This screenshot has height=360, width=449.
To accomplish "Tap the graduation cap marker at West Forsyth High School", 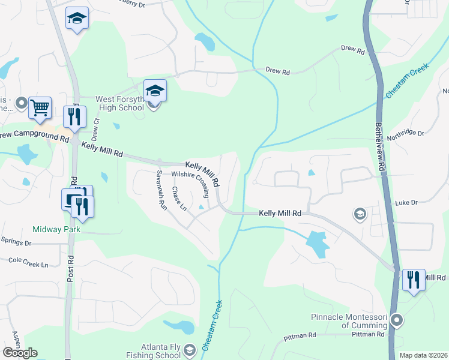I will point(155,91).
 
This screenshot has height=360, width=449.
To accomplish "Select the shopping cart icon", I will point(40,109).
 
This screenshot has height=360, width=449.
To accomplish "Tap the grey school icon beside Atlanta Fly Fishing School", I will point(189,350).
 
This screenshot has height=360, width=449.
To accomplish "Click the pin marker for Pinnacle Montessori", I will point(396,320).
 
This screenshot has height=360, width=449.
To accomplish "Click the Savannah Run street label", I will point(161,188).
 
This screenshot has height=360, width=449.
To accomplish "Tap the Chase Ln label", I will point(179,199).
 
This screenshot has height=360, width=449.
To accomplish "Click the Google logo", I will point(20,353).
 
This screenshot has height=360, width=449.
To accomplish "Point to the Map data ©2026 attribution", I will point(423,355).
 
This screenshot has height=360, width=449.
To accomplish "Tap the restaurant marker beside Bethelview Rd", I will point(414,280).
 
